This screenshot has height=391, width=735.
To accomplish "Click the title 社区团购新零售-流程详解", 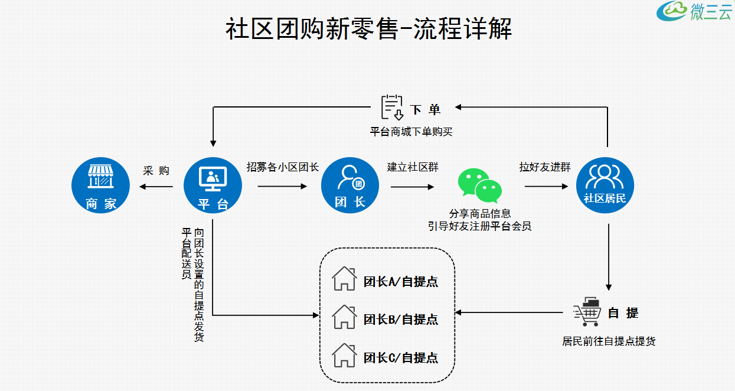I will pyautogui.click(x=368, y=29).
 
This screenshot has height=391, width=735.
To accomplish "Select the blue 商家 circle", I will pyautogui.click(x=100, y=185).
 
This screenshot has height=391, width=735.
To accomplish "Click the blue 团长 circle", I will pyautogui.click(x=349, y=185).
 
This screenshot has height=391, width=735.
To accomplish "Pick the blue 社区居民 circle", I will pyautogui.click(x=605, y=185).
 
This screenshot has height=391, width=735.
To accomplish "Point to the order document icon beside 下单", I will pyautogui.click(x=392, y=107).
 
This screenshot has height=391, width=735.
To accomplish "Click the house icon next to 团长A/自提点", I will pyautogui.click(x=344, y=279).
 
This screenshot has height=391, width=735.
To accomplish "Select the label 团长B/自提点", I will pyautogui.click(x=401, y=320).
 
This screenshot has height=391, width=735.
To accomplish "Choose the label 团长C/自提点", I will pyautogui.click(x=401, y=357).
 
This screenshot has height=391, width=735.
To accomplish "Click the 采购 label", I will pyautogui.click(x=156, y=171).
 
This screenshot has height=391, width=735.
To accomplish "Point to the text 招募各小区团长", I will pyautogui.click(x=283, y=167).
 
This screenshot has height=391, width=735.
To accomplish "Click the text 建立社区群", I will pyautogui.click(x=413, y=167).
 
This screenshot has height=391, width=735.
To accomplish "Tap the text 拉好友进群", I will pyautogui.click(x=545, y=167).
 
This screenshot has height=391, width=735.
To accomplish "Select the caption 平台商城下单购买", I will pyautogui.click(x=411, y=131).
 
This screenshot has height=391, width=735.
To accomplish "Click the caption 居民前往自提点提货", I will pyautogui.click(x=609, y=341).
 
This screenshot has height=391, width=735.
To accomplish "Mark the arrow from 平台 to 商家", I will pyautogui.click(x=156, y=187).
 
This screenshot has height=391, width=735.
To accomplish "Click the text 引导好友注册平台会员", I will pyautogui.click(x=479, y=226).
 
